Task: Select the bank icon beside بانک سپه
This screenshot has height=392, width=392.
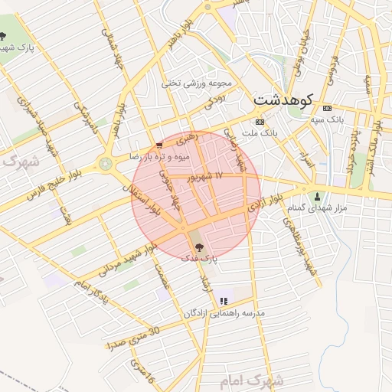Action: [327, 108]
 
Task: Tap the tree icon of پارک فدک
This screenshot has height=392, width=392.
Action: [199, 247]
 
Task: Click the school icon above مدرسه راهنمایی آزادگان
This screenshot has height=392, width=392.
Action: [224, 302]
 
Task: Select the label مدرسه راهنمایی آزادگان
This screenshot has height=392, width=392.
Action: [224, 314]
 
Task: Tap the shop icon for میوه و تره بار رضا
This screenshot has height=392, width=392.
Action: [158, 145]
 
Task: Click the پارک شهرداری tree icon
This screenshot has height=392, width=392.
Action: [4, 38]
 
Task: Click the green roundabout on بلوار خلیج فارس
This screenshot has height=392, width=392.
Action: [105, 163]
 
